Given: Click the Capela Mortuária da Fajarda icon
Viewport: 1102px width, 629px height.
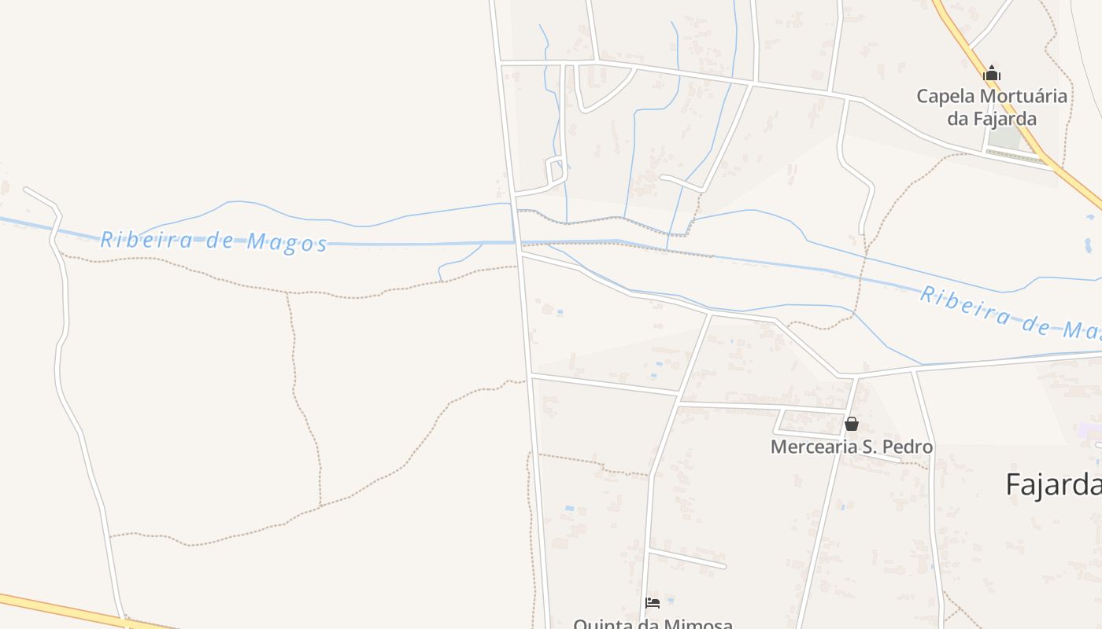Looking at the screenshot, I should [992, 74].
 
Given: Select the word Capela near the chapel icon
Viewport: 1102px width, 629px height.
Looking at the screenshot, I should [945, 97].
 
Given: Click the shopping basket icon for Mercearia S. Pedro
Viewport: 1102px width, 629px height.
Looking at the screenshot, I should [851, 424].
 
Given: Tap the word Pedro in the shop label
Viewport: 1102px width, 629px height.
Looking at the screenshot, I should [908, 447].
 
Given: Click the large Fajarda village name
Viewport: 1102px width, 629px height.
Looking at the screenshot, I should [1053, 484].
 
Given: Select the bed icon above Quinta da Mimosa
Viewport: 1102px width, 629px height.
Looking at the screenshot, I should [653, 603].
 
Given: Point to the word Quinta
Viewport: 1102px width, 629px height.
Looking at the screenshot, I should [600, 623].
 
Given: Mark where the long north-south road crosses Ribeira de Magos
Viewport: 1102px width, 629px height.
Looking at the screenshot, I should [517, 242].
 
